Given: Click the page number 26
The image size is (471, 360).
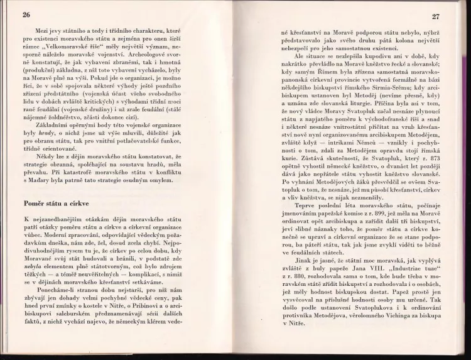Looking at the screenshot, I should point(26,14).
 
